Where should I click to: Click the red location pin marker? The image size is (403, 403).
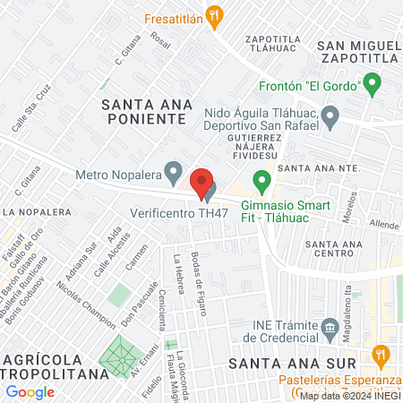(x=202, y=181)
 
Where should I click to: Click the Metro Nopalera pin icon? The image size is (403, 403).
(x=175, y=169)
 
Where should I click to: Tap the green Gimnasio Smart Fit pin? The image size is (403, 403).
(x=262, y=182)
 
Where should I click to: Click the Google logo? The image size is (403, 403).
(x=30, y=391)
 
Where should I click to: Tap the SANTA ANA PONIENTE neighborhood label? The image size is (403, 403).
(x=147, y=115)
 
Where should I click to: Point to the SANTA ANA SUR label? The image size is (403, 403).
(x=292, y=363)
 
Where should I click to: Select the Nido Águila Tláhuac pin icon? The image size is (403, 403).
(x=330, y=114)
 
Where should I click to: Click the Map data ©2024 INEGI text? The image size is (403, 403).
(x=348, y=395)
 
